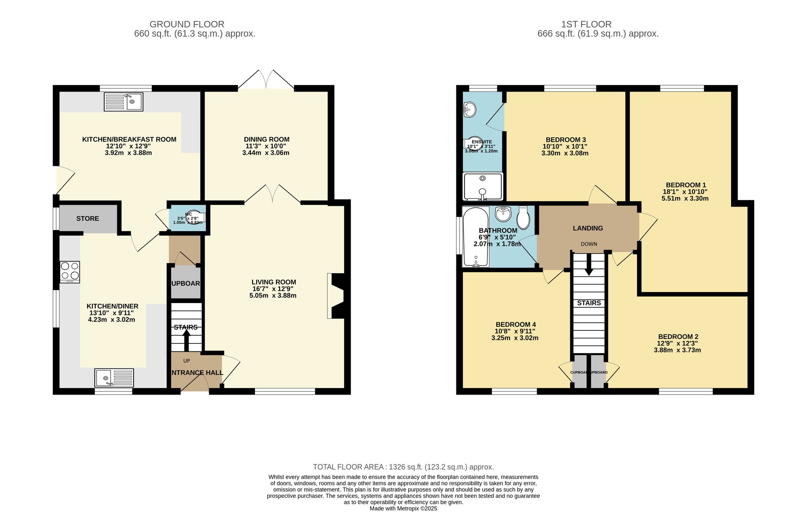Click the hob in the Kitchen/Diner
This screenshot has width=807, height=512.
[70, 272]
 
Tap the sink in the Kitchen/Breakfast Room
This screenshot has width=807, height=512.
[123, 102]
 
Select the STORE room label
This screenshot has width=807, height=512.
[88, 218]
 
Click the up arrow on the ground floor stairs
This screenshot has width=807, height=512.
[186, 340]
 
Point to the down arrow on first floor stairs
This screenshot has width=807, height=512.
[589, 267]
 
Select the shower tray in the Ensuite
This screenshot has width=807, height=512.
[483, 186]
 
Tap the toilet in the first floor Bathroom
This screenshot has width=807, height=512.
[523, 218]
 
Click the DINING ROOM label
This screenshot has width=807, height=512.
[266, 139]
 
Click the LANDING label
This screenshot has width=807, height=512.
[588, 228]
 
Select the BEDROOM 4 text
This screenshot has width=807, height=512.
[516, 324]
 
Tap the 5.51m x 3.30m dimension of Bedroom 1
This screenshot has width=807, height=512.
[685, 199]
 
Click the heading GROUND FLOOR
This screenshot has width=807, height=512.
[187, 24]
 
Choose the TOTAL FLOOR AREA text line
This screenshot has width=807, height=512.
[403, 467]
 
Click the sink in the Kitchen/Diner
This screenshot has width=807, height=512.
[114, 378]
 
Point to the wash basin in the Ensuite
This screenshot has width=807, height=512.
[469, 109]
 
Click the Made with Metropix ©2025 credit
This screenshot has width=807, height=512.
[403, 508]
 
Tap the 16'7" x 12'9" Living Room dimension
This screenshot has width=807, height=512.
[273, 289]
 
